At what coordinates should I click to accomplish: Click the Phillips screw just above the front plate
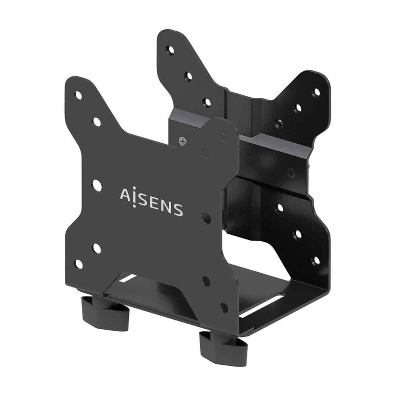[x=181, y=141]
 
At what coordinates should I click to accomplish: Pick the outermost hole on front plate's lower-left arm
[x=79, y=264]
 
